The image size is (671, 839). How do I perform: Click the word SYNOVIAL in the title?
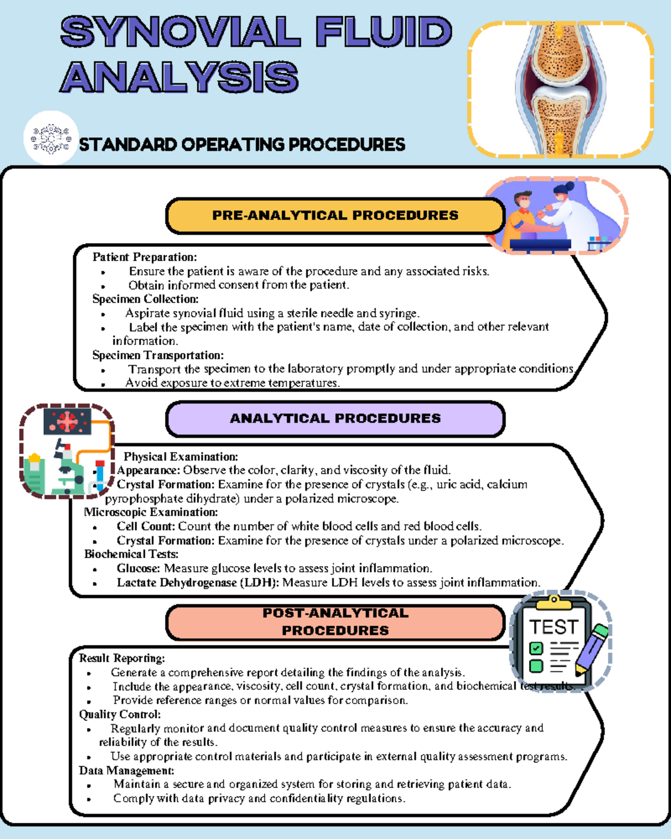[180, 32]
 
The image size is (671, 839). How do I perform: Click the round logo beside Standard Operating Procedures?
[51, 138]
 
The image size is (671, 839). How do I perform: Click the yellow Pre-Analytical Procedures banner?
[335, 215]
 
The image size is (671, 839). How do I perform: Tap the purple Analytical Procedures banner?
[335, 418]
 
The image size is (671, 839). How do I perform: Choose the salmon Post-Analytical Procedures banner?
[335, 621]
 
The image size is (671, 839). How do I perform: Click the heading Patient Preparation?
[144, 257]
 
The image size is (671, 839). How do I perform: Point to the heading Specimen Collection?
[145, 299]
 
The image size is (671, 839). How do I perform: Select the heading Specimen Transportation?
[158, 355]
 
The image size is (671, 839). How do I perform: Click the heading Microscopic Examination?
[150, 512]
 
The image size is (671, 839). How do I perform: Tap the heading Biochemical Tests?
[131, 554]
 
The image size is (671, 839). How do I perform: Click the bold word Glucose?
[138, 568]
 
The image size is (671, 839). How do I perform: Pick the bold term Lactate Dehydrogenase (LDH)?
[197, 582]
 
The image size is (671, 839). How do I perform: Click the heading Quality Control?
[120, 714]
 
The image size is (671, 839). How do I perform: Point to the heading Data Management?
[126, 770]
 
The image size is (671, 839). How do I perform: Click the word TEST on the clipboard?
[553, 627]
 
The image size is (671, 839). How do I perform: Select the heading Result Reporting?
[122, 658]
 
